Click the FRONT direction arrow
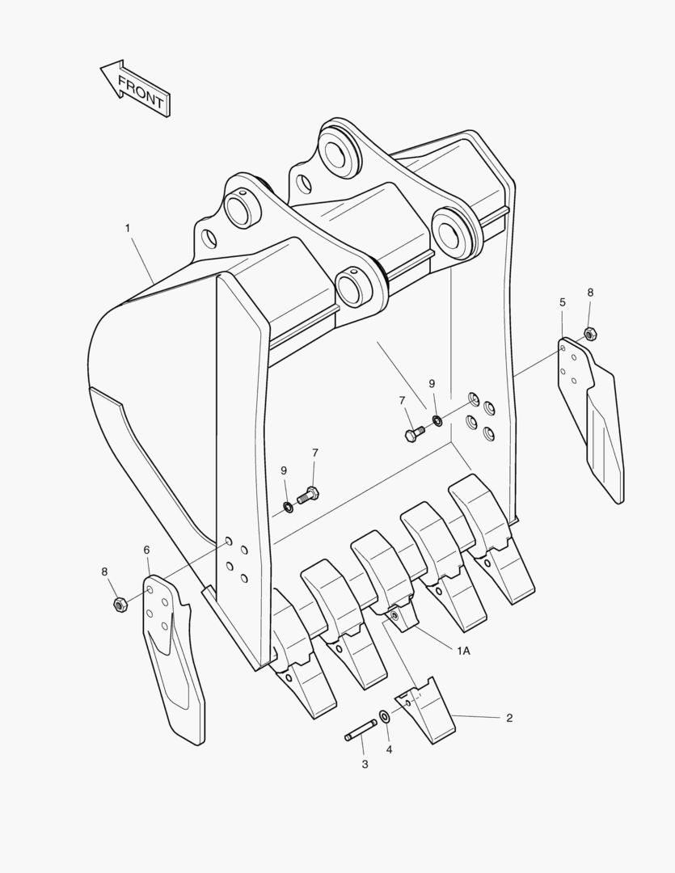click(x=135, y=89)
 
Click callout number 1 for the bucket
click(x=128, y=228)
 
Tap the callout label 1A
click(x=463, y=650)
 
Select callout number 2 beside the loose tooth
click(x=509, y=718)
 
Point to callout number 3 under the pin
click(x=365, y=765)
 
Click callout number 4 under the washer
click(x=390, y=750)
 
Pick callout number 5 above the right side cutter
click(x=563, y=302)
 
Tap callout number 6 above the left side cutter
click(x=146, y=550)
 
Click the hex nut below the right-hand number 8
click(x=590, y=334)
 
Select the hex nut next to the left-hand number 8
click(x=119, y=604)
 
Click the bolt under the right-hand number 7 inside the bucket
click(x=415, y=434)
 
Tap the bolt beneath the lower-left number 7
click(x=308, y=495)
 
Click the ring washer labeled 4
click(x=384, y=715)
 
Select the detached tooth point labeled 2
click(x=426, y=710)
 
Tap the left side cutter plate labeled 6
click(x=174, y=657)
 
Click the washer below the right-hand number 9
click(x=438, y=420)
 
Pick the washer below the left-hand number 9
click(x=289, y=507)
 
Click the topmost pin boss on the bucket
click(x=340, y=149)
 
